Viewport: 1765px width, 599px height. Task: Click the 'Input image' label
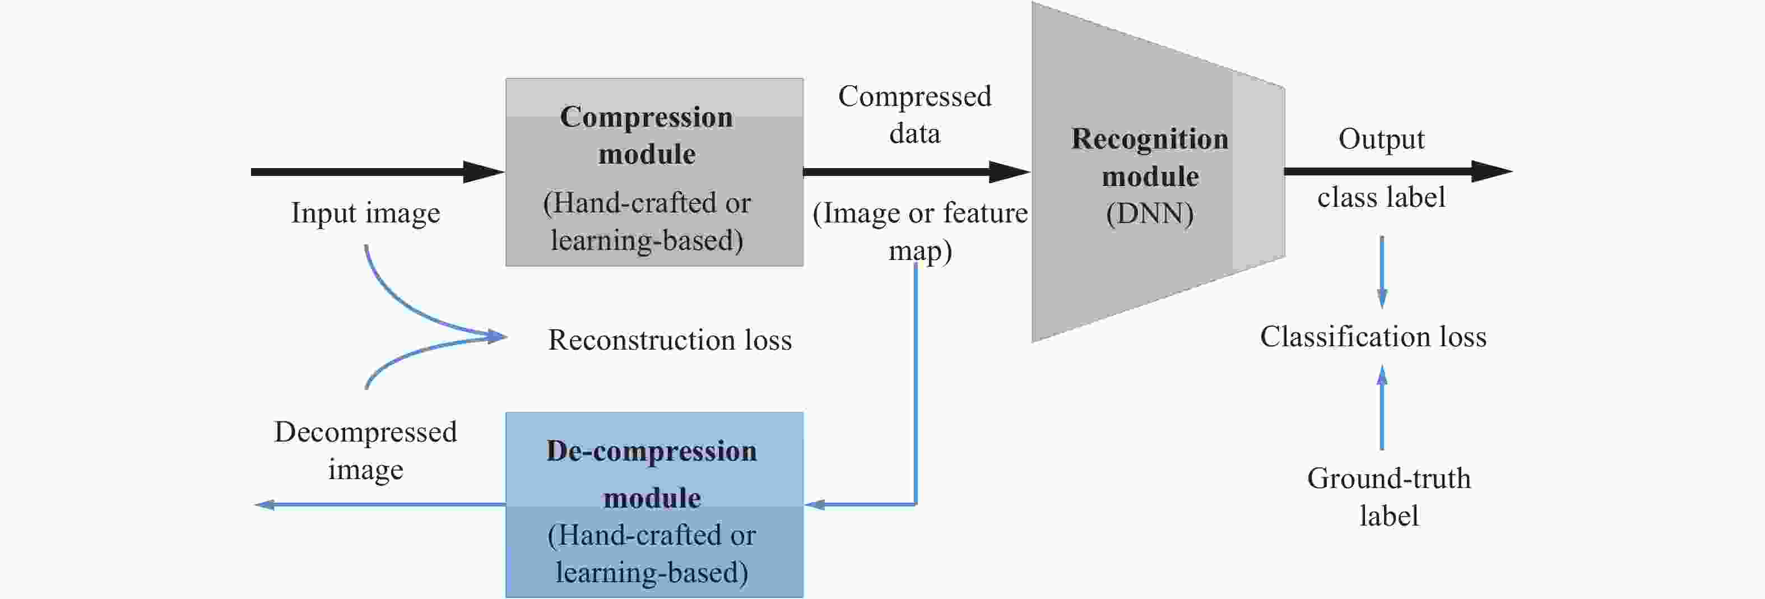[365, 213]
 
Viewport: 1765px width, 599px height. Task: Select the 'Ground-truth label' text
[1389, 497]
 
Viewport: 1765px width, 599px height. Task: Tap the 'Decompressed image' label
[365, 451]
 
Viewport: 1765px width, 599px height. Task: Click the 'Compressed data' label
[914, 114]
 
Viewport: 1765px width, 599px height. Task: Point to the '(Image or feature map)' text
[920, 231]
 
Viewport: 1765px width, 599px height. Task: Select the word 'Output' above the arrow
[1381, 139]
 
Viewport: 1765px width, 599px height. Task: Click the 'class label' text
[1381, 198]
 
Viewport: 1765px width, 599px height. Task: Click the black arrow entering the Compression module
[377, 171]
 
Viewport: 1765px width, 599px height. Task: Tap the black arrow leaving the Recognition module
[1398, 171]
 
